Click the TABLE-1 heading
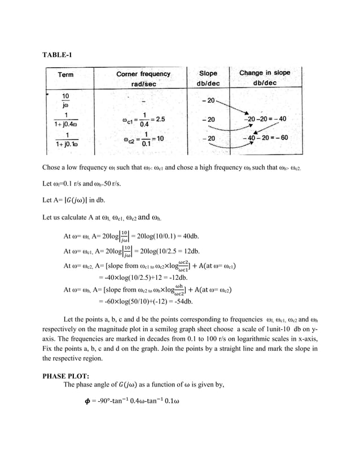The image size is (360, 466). point(58,55)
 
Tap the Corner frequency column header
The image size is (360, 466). point(143,78)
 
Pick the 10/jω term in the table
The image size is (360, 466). point(65,100)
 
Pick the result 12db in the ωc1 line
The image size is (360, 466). point(191,252)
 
